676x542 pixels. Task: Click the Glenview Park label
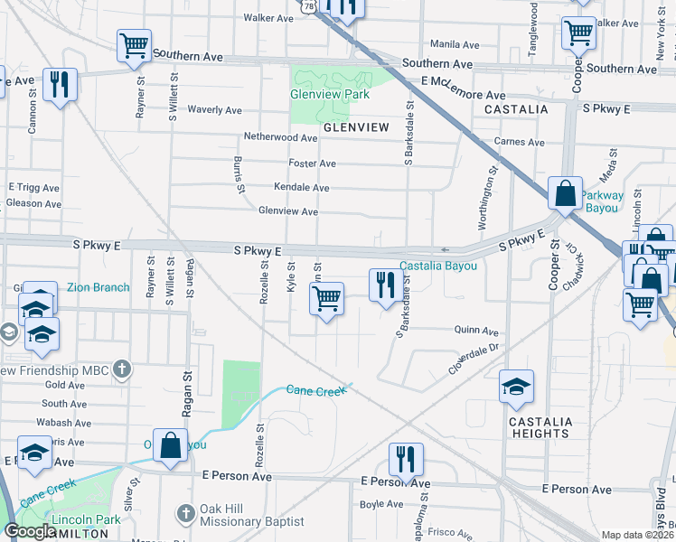click(x=330, y=94)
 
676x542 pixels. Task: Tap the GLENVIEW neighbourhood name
click(x=356, y=127)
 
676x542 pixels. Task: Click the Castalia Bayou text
click(x=437, y=266)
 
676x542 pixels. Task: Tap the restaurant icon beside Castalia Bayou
click(x=386, y=285)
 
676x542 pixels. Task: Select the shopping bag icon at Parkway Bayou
click(x=565, y=193)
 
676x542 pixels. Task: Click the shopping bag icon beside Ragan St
click(x=170, y=444)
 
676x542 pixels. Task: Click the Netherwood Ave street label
click(x=280, y=138)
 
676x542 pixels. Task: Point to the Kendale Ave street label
click(x=301, y=187)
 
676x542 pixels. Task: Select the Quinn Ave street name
click(x=477, y=332)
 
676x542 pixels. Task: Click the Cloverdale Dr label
click(x=474, y=360)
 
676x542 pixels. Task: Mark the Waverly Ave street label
click(x=214, y=110)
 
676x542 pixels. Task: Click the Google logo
click(x=30, y=531)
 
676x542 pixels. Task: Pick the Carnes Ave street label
click(x=520, y=142)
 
